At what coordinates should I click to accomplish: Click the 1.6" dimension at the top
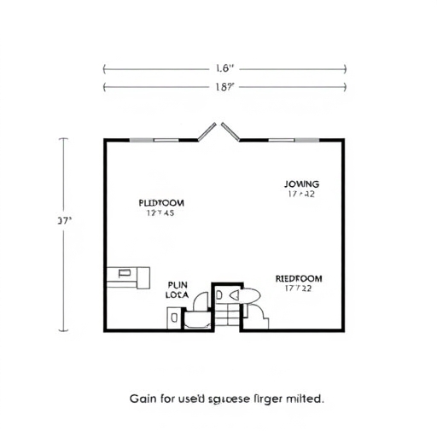click(x=224, y=67)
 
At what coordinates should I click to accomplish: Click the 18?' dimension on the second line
click(x=224, y=86)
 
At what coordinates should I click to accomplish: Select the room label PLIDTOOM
click(x=161, y=203)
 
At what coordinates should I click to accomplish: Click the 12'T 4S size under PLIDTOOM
click(x=160, y=214)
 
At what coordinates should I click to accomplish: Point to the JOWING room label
click(x=301, y=184)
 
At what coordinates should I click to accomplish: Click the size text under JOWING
click(x=301, y=195)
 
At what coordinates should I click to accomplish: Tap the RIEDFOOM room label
click(x=299, y=278)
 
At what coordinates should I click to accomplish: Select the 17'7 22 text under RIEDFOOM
click(x=299, y=288)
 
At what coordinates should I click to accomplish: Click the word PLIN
click(x=178, y=285)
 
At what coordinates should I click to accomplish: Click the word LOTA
click(x=177, y=295)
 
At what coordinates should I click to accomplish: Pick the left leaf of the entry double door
click(x=207, y=131)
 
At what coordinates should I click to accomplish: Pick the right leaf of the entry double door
click(x=230, y=131)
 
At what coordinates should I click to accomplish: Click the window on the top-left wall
click(x=154, y=139)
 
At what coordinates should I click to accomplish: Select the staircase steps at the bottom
click(x=227, y=316)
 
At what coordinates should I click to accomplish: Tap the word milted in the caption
click(x=304, y=399)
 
